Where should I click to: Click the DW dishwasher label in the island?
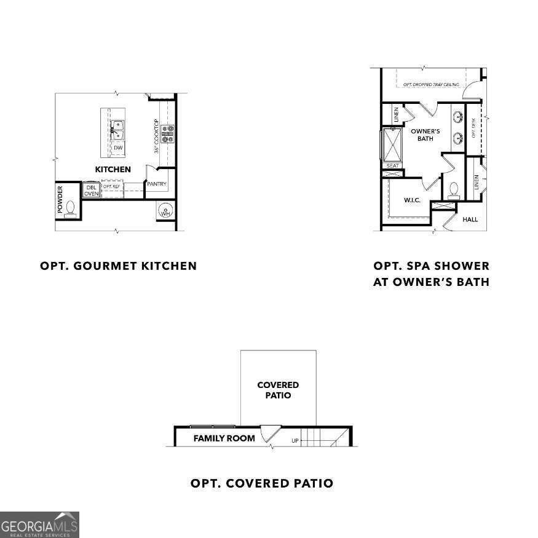pyautogui.click(x=117, y=148)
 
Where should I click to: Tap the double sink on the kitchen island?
pyautogui.click(x=117, y=130)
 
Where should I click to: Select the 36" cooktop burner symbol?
pyautogui.click(x=168, y=133)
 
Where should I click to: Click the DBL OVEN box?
pyautogui.click(x=91, y=190)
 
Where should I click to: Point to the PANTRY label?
pyautogui.click(x=156, y=184)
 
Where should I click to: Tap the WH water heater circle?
pyautogui.click(x=165, y=212)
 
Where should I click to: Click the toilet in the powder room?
pyautogui.click(x=70, y=209)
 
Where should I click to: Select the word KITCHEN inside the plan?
pyautogui.click(x=113, y=169)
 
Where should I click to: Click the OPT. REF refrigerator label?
pyautogui.click(x=112, y=186)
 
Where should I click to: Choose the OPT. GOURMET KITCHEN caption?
pyautogui.click(x=118, y=266)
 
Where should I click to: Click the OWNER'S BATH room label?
pyautogui.click(x=425, y=135)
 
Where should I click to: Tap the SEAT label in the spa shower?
pyautogui.click(x=392, y=165)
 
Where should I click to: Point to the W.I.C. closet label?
pyautogui.click(x=412, y=200)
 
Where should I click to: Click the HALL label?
pyautogui.click(x=470, y=220)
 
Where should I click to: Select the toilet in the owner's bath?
pyautogui.click(x=454, y=189)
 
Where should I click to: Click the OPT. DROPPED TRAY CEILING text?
pyautogui.click(x=431, y=84)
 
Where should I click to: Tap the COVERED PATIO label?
pyautogui.click(x=278, y=390)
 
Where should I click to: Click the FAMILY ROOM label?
pyautogui.click(x=224, y=438)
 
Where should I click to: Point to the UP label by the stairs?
pyautogui.click(x=295, y=441)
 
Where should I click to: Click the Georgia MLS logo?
pyautogui.click(x=39, y=524)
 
